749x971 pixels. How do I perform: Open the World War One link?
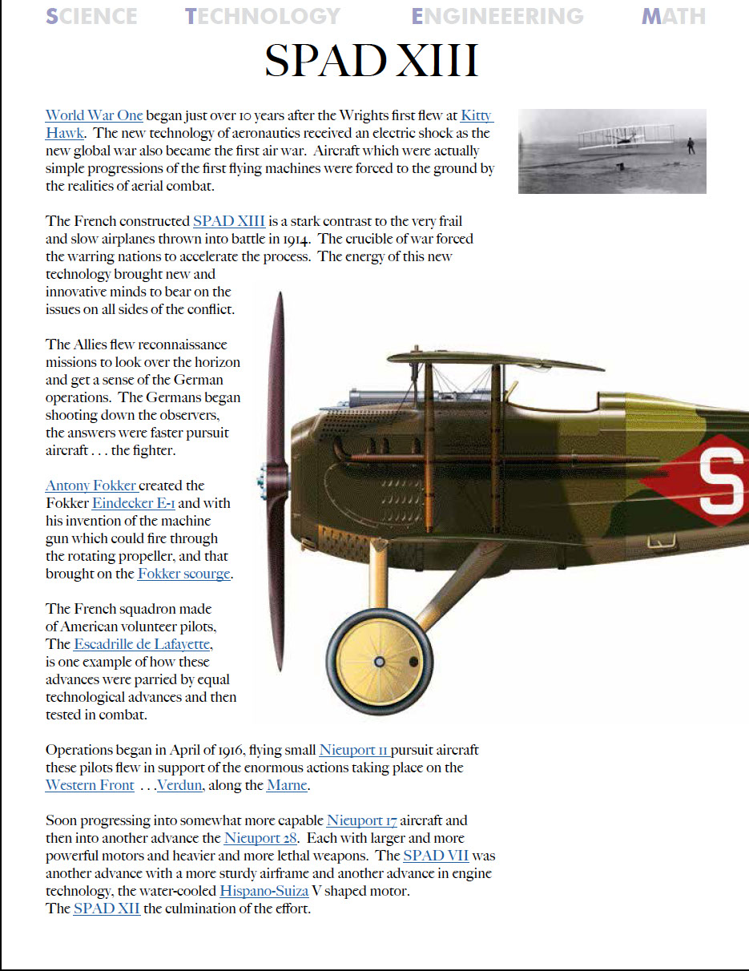(x=94, y=115)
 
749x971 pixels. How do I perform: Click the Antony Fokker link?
(x=91, y=485)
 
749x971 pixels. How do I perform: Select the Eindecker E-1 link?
(x=133, y=503)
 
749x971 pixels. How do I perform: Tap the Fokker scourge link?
(x=183, y=574)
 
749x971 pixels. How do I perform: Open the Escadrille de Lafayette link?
(x=143, y=644)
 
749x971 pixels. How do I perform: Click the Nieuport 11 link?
(x=354, y=750)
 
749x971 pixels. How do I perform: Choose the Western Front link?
(x=90, y=785)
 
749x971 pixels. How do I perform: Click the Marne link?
(x=287, y=785)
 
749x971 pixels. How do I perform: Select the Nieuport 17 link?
(x=361, y=820)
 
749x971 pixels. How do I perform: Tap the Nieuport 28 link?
(x=261, y=838)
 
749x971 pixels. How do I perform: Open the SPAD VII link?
(x=436, y=856)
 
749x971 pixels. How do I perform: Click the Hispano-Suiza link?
(x=264, y=891)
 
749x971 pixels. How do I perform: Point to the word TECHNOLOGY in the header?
(x=263, y=16)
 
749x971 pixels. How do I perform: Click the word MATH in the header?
(x=673, y=16)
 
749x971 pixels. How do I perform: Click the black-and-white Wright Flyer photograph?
(x=612, y=151)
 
